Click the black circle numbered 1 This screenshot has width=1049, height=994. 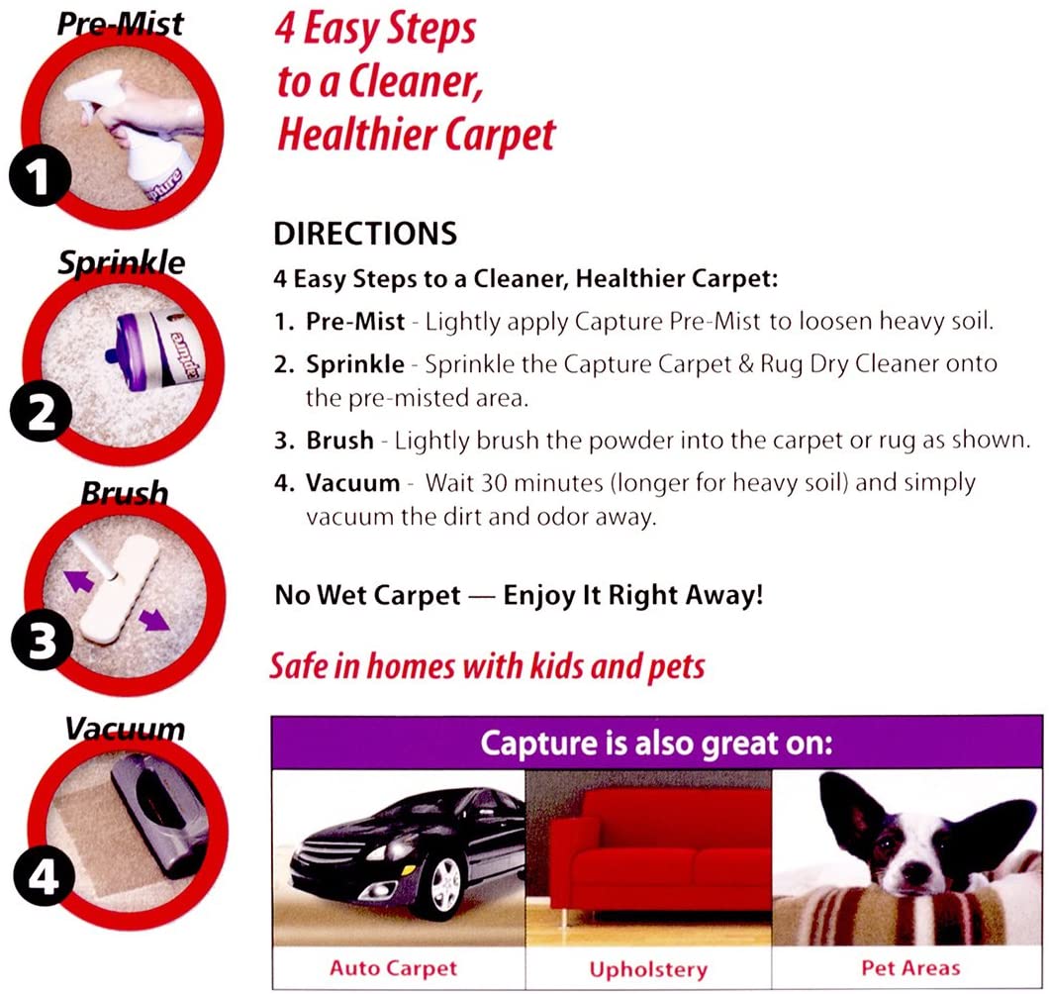(41, 176)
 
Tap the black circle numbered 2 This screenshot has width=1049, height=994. (41, 411)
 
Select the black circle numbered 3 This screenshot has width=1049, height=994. (42, 640)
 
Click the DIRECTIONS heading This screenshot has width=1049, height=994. (365, 234)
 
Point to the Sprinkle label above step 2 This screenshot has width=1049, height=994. (121, 261)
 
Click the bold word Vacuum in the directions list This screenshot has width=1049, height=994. (352, 482)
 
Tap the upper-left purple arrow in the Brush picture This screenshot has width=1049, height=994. (79, 580)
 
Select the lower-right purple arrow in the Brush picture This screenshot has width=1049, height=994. (154, 620)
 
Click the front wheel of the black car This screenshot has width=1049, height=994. (445, 883)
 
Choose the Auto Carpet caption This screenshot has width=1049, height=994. (394, 968)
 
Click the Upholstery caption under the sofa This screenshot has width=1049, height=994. (648, 969)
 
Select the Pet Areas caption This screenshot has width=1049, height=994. (910, 968)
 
